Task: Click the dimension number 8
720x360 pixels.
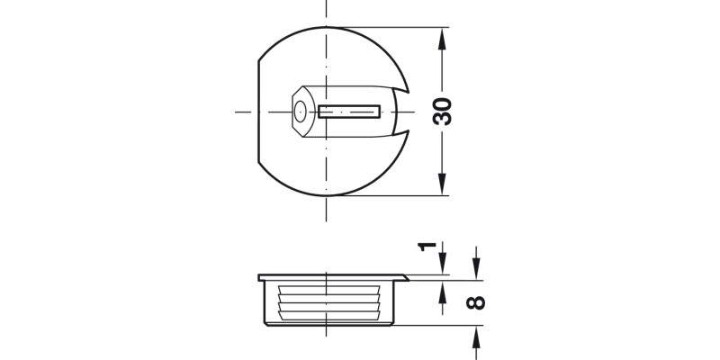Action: coord(477,302)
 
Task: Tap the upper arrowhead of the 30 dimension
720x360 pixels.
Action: coord(442,37)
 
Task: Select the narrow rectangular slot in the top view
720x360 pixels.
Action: coord(350,112)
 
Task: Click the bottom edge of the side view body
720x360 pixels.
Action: coord(328,322)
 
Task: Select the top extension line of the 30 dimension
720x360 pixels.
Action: coord(396,30)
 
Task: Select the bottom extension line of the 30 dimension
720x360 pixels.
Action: coord(396,195)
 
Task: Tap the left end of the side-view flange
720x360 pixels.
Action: coord(259,276)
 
